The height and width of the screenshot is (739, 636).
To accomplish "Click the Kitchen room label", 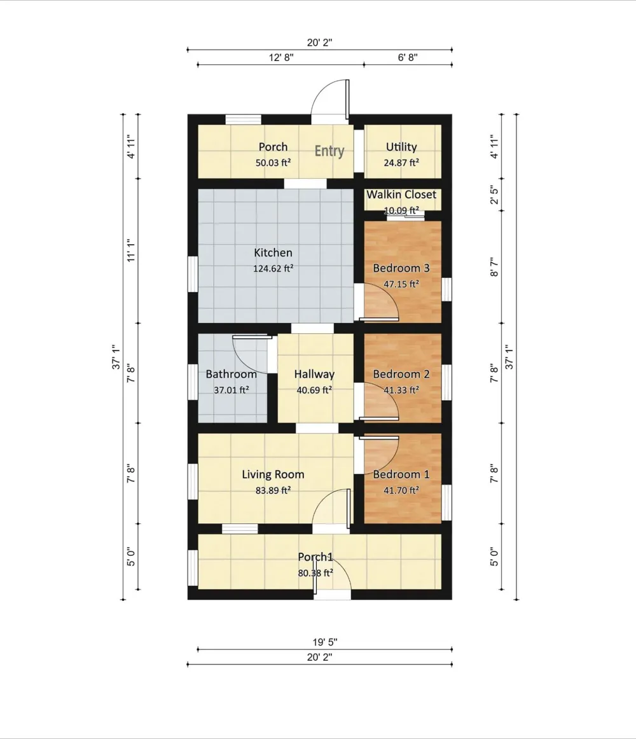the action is (273, 252).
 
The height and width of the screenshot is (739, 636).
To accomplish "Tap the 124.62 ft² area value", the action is (273, 268).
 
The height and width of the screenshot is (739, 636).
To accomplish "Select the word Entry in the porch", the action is (329, 151).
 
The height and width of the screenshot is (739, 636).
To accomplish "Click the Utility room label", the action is (401, 147).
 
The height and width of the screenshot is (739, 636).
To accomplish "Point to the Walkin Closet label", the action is (401, 194).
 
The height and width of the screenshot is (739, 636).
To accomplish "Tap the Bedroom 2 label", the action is (401, 374).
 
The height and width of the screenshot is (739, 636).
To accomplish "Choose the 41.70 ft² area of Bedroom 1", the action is (401, 490).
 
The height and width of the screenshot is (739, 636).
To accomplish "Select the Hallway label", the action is (314, 374).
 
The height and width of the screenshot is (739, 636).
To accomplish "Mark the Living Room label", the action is (273, 474).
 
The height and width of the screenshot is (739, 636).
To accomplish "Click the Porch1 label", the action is (315, 557).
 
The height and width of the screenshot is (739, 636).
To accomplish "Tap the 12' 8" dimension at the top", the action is (282, 57).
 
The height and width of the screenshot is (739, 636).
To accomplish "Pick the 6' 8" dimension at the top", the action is (408, 57).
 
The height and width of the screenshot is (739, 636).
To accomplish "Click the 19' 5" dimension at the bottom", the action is (325, 642).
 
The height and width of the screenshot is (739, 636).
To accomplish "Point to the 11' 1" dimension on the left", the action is (131, 251).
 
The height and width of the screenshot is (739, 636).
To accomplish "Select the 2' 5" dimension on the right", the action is (494, 195).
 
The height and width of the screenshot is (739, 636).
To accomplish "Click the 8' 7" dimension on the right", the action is (494, 266).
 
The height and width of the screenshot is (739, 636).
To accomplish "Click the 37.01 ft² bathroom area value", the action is (232, 390).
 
